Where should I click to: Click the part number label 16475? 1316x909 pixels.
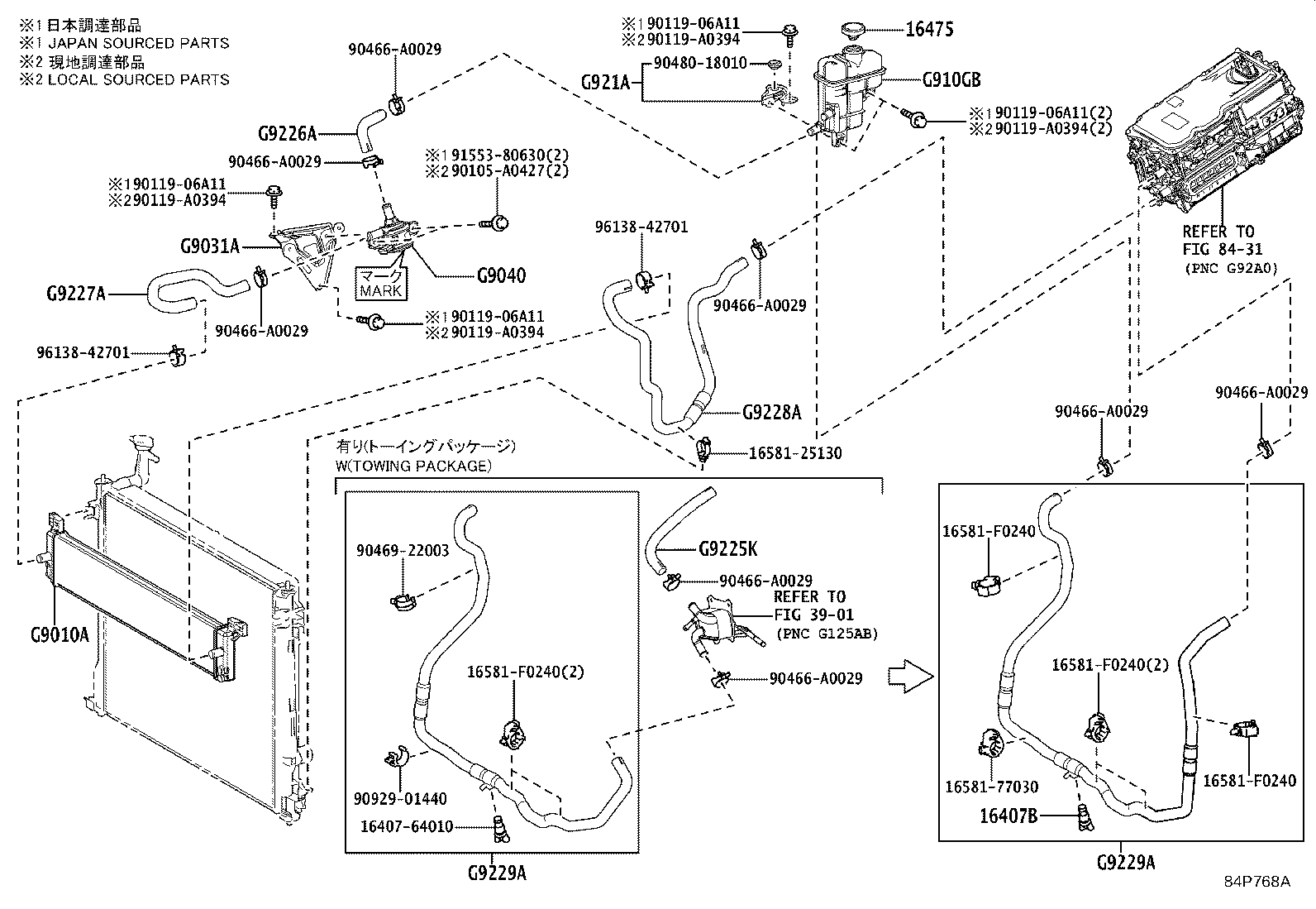coord(929,30)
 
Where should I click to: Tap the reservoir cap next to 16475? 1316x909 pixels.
coord(851,31)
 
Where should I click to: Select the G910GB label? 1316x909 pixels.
coord(951,80)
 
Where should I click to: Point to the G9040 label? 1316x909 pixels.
coord(501,275)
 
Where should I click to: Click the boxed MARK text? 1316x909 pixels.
coord(381,290)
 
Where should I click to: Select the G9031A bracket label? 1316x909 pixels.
coord(210,246)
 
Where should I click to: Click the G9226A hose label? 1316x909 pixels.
coord(288,133)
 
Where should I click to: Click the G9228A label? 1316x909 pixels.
coord(771,412)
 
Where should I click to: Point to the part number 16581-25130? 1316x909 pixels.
coord(795,453)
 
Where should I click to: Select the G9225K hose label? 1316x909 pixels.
coord(727,548)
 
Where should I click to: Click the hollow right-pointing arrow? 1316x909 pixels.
coord(909,676)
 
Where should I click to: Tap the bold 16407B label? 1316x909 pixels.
coord(1008,816)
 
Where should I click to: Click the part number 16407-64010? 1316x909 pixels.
coord(407,825)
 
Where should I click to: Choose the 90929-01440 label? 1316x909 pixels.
coord(400,798)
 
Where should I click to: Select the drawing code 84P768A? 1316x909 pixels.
coord(1257,882)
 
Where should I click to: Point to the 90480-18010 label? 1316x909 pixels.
coord(700,63)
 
